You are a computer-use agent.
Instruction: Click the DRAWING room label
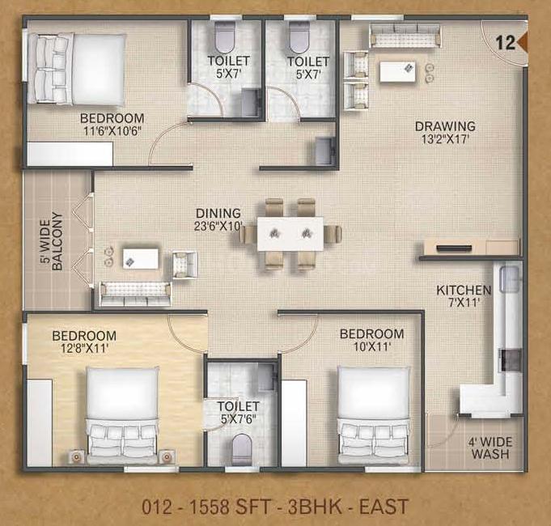(445, 126)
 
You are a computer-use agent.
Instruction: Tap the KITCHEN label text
(464, 291)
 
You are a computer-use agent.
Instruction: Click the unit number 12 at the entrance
(506, 43)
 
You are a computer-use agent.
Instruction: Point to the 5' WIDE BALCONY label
(51, 241)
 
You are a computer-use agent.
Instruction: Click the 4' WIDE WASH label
(490, 448)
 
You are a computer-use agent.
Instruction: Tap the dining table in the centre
(290, 234)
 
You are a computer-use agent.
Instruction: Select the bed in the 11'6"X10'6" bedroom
(77, 70)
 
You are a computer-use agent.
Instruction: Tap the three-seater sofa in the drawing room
(405, 35)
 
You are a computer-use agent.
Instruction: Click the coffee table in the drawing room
(397, 71)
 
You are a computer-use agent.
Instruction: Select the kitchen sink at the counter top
(509, 278)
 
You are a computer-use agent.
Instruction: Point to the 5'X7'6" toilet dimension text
(239, 419)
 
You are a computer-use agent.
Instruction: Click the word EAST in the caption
(384, 507)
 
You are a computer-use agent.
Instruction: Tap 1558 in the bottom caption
(210, 507)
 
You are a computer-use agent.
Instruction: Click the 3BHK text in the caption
(315, 507)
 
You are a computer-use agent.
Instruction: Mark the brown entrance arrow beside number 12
(523, 42)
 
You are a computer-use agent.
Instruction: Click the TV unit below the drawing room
(471, 247)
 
